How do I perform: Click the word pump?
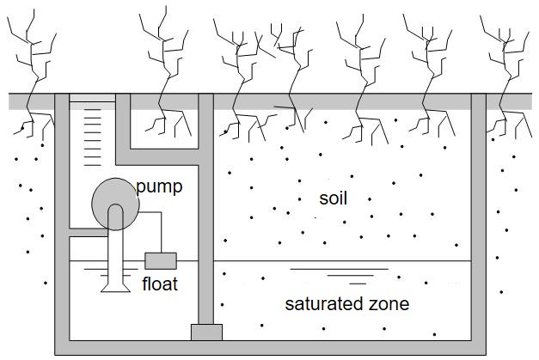159,186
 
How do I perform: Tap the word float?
159,284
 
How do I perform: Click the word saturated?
320,304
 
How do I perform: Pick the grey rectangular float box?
161,260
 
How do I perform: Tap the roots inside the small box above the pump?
163,125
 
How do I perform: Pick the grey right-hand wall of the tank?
479,223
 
